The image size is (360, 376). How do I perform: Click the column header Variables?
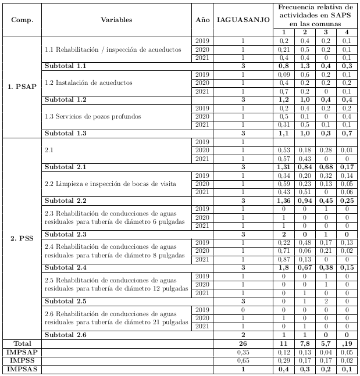116,20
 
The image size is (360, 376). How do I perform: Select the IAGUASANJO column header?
243,20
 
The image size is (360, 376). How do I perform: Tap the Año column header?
202,20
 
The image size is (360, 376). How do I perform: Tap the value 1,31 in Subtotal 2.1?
283,167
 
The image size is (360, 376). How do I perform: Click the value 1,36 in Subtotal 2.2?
283,200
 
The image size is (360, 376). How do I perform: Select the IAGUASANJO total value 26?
243,345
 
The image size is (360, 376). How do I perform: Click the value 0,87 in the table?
283,259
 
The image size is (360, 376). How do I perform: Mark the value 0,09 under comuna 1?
283,75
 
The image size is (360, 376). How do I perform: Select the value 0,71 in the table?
283,251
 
